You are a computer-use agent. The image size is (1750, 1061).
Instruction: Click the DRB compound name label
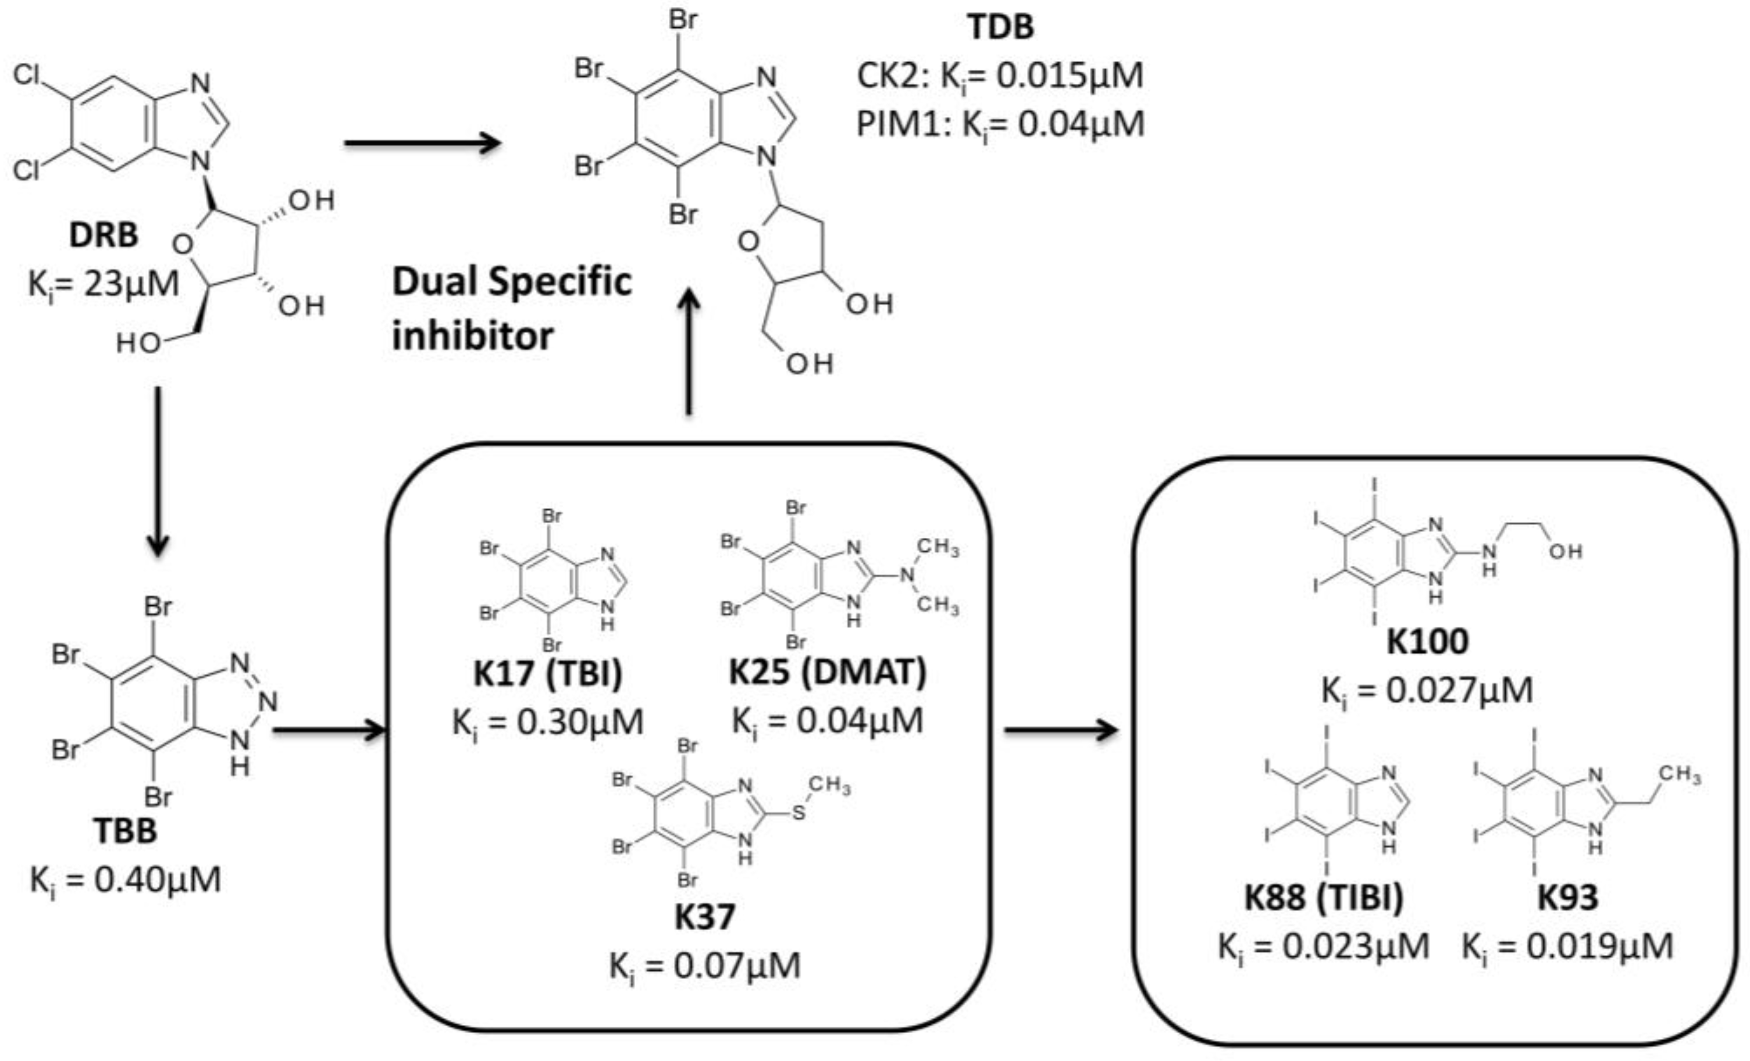coord(103,235)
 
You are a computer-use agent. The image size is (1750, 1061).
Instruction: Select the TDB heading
coord(1000,27)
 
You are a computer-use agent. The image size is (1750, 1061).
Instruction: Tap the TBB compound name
coord(125,830)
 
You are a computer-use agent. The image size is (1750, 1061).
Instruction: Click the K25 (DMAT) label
coord(828,671)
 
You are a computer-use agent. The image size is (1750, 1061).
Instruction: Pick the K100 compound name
coord(1428,641)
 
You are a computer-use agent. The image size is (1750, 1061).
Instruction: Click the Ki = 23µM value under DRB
coord(104,285)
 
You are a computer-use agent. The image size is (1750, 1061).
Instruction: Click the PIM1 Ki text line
coord(1000,125)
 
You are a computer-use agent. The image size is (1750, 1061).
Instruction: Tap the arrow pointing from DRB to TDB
coord(423,143)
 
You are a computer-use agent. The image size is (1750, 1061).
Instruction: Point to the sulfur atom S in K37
coord(799,812)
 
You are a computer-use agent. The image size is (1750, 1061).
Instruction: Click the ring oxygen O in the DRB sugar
coord(183,244)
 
